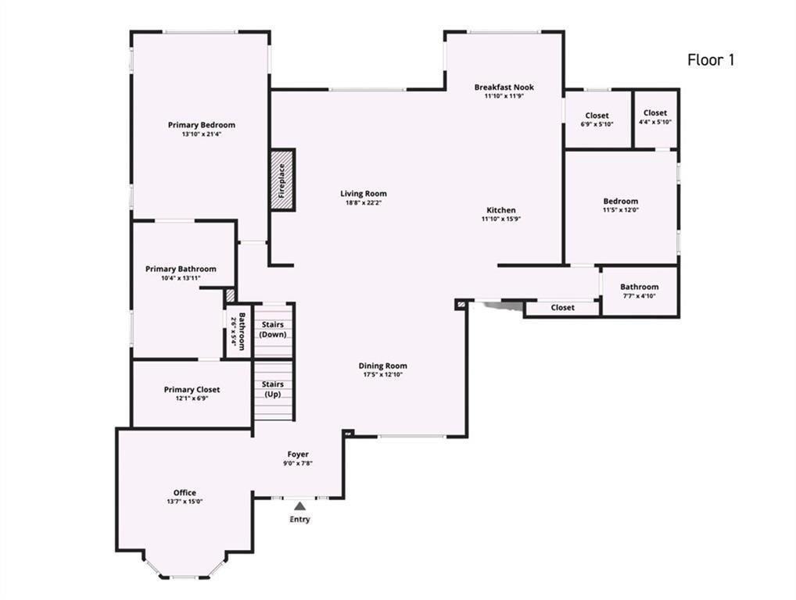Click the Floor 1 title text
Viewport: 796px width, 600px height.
(x=711, y=60)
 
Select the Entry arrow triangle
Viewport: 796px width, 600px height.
(x=299, y=506)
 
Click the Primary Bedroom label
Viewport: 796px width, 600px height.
(x=201, y=125)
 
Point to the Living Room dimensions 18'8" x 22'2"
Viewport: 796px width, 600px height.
(x=363, y=203)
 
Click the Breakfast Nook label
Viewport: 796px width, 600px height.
(x=504, y=87)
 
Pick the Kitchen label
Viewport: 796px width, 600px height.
(x=501, y=210)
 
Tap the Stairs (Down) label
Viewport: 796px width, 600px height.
(x=273, y=330)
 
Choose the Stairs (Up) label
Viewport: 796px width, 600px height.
(x=273, y=389)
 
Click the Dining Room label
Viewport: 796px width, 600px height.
(x=382, y=366)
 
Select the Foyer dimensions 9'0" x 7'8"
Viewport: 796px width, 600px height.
(x=298, y=463)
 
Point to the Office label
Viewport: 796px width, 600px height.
(x=185, y=492)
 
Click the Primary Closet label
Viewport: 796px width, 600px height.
(x=192, y=389)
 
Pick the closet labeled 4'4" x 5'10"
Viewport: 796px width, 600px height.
(x=655, y=118)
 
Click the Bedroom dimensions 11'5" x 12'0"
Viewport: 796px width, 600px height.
(x=620, y=210)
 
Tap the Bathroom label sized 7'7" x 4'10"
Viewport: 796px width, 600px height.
(x=639, y=287)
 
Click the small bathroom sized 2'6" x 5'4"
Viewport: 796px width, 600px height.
(x=238, y=331)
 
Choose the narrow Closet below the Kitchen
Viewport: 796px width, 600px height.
(x=562, y=308)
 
